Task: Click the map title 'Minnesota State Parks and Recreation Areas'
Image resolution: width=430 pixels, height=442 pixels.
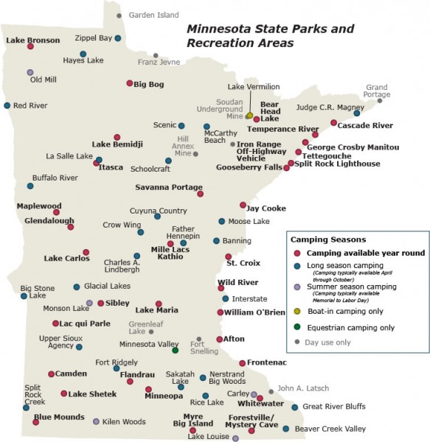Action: (x=260, y=36)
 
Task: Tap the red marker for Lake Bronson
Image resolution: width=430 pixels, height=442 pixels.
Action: (x=30, y=46)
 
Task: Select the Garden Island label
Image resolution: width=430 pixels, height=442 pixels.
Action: (x=153, y=15)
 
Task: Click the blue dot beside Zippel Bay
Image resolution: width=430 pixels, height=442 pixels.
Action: (x=117, y=38)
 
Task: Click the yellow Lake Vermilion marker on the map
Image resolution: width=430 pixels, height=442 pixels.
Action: (x=249, y=116)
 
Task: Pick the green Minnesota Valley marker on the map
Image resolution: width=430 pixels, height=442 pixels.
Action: (x=175, y=350)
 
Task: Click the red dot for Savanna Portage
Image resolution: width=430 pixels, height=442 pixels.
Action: (x=200, y=194)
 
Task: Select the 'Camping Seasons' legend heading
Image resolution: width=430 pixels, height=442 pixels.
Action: (x=328, y=239)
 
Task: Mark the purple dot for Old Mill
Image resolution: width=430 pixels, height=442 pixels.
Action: (x=30, y=72)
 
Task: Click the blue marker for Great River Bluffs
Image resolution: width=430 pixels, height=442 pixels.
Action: (x=294, y=407)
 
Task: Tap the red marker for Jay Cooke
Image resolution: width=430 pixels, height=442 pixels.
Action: (x=243, y=205)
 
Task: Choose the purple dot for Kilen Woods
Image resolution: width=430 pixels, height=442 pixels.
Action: (x=97, y=421)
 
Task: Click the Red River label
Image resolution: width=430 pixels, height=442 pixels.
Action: (x=30, y=105)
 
